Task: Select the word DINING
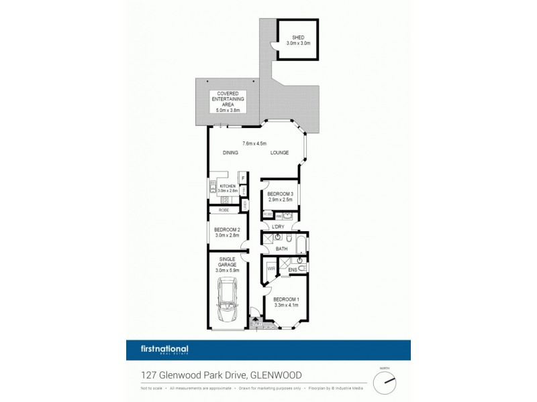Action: [231, 153]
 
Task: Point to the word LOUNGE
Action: [279, 153]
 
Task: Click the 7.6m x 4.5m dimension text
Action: [254, 143]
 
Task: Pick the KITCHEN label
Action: [227, 186]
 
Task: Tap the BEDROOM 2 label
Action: [227, 230]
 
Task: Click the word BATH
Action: [282, 249]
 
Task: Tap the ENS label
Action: [293, 271]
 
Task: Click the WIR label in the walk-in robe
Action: [272, 269]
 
